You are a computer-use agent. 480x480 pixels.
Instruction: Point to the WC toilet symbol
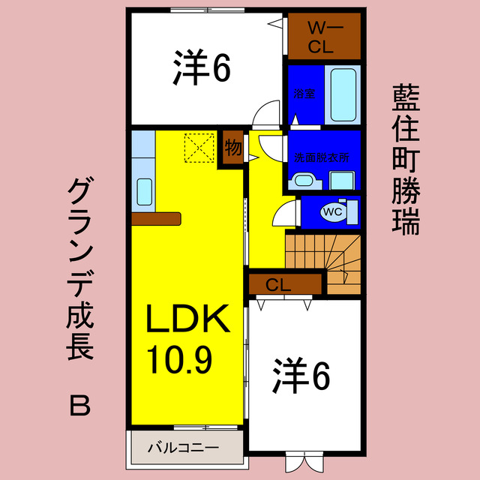332,211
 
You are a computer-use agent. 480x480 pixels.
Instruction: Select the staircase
324,259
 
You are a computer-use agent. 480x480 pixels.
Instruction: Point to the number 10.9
180,361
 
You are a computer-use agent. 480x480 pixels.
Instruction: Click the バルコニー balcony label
182,448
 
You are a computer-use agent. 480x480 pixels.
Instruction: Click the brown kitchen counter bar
156,218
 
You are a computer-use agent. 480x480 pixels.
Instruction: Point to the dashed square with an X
199,147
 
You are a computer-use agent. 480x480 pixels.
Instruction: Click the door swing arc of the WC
284,214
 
